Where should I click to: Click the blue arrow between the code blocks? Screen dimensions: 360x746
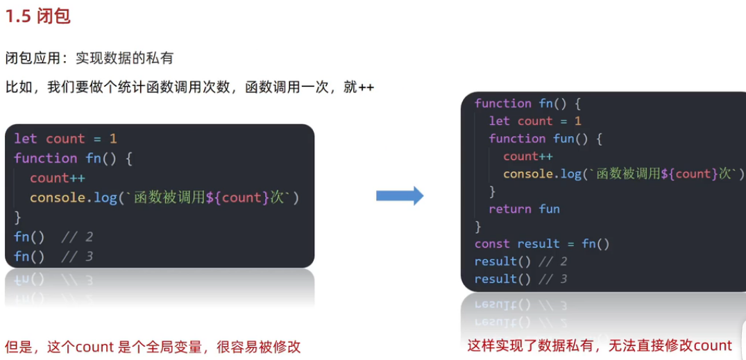pos(400,196)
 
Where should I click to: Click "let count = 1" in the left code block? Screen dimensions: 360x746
pos(66,139)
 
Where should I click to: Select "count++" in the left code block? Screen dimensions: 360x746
pos(58,178)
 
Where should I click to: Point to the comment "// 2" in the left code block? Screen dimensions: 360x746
pos(77,237)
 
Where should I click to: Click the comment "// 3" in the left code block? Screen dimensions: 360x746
pos(77,257)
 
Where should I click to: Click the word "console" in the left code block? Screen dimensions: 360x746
pos(58,198)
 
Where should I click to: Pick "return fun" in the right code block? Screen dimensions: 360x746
pos(524,209)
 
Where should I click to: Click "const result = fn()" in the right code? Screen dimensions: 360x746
pos(542,243)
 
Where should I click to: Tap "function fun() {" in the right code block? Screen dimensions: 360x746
pos(545,139)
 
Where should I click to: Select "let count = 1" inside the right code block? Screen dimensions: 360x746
pos(535,121)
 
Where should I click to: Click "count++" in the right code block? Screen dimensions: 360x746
pos(528,156)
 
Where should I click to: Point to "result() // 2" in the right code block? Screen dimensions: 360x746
pos(520,262)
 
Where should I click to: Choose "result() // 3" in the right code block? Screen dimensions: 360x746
pos(520,279)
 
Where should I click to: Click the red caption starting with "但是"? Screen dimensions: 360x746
pos(153,347)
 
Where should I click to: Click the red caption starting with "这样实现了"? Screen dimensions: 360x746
pos(600,345)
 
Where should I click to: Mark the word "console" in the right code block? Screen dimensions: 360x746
pos(528,173)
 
